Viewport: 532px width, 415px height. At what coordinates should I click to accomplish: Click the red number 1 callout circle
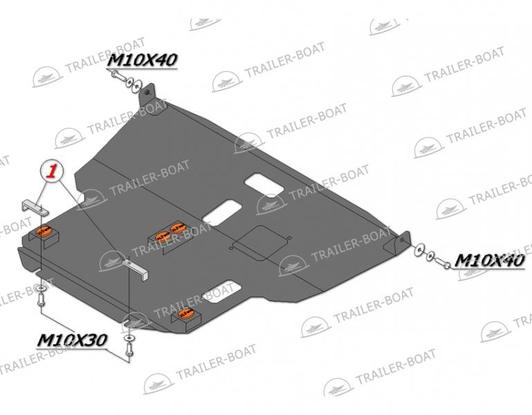point(52,172)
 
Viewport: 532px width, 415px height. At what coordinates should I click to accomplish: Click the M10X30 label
point(72,340)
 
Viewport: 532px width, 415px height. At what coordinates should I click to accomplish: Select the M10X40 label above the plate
point(143,60)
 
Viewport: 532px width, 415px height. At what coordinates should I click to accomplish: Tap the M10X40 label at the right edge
point(489,260)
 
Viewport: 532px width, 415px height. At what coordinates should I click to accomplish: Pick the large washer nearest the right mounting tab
point(419,250)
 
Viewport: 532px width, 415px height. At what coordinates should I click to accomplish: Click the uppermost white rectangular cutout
point(264,184)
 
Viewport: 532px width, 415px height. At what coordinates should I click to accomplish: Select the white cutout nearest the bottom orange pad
point(221,291)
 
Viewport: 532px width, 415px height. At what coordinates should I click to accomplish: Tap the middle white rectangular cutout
point(223,212)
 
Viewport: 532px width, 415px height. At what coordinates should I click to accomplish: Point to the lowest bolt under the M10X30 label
point(129,349)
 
